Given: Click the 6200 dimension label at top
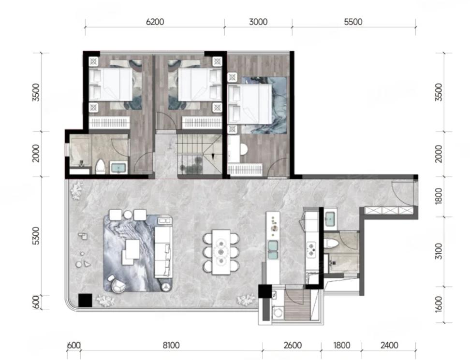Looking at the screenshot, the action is (155, 22).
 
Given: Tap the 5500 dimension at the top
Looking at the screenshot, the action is (353, 22).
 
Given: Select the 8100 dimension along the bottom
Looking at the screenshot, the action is (171, 346).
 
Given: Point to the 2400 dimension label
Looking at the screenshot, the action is (389, 346).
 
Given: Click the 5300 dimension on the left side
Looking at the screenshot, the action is (36, 236).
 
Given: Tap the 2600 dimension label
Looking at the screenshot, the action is (293, 346).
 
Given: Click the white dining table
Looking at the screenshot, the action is (221, 252).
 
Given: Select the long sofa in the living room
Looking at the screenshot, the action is (163, 252).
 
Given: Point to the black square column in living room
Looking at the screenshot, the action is (85, 300).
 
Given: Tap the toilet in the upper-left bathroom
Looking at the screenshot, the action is (101, 167).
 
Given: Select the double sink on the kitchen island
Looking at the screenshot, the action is (273, 250).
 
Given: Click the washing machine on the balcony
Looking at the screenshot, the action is (278, 312).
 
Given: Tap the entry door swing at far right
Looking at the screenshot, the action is (403, 194).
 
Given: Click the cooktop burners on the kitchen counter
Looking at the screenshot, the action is (311, 250).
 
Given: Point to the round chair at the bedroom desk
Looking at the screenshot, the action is (243, 149).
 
